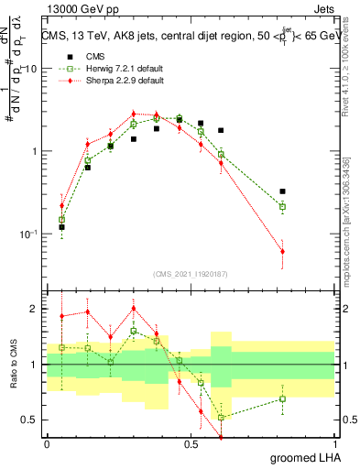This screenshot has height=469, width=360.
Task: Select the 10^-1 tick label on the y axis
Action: (27, 234)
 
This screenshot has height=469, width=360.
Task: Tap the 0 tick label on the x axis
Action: (47, 443)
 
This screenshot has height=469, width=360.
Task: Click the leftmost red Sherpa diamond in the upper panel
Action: (61, 205)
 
